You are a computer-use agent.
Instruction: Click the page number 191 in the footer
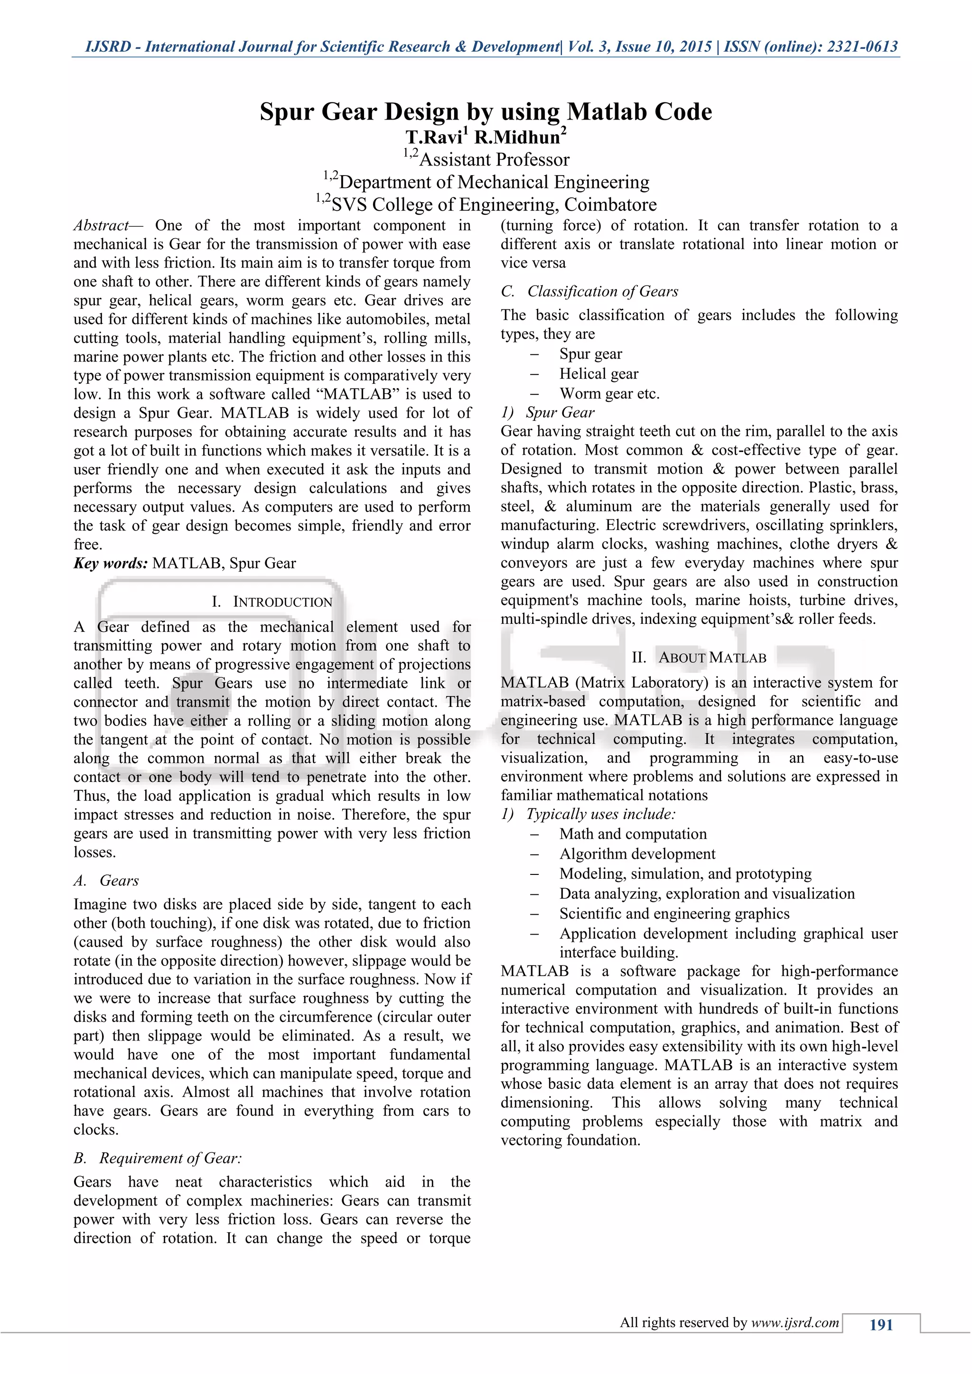pos(880,1325)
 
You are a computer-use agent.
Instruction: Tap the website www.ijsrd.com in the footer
pos(795,1323)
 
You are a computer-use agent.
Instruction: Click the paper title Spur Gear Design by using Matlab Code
pos(486,112)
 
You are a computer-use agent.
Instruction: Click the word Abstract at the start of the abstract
pos(101,226)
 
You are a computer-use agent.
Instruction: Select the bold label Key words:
pos(111,563)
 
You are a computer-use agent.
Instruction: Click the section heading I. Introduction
pos(272,602)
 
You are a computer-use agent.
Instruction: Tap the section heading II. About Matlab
pos(699,658)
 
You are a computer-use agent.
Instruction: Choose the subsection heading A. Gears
pos(106,880)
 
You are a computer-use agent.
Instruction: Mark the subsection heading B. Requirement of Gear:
pos(158,1158)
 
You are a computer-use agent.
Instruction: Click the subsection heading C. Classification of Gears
pos(589,291)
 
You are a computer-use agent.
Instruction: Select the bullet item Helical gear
pos(598,374)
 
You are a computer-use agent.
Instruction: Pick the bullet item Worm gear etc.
pos(609,394)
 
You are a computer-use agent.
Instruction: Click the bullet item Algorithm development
pos(637,854)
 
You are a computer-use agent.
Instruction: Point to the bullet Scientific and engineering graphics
pos(674,914)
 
